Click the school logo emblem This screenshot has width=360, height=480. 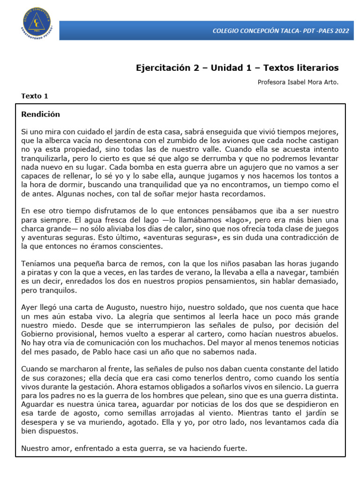coord(37,23)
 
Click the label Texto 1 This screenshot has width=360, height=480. coord(35,96)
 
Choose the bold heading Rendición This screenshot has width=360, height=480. coord(41,114)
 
